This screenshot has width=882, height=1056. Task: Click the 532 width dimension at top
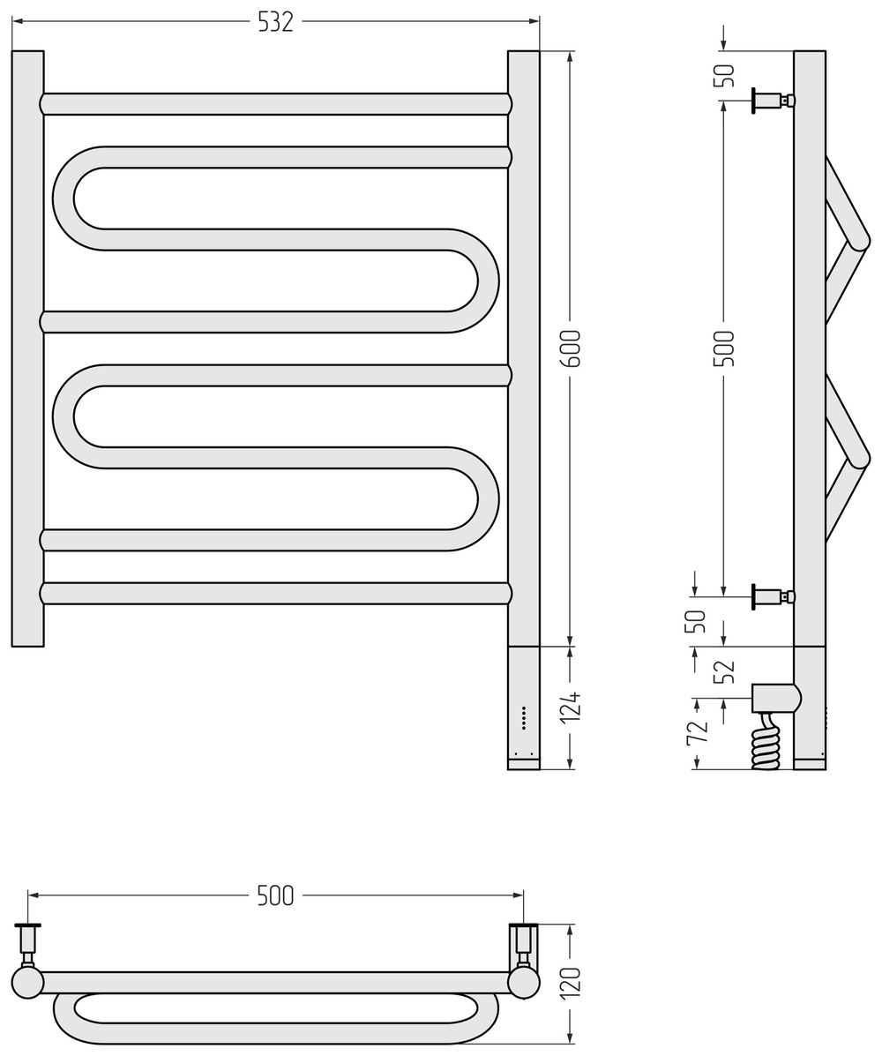275,21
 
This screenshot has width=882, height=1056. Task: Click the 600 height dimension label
571,348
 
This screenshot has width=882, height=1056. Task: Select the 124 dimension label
571,708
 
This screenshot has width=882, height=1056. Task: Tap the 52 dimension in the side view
723,672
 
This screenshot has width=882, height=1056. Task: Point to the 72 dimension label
697,732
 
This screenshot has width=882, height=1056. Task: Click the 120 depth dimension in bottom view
571,983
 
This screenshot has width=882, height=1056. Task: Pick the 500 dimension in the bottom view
275,895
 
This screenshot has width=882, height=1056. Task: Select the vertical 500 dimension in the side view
723,348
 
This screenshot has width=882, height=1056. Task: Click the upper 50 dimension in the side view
723,76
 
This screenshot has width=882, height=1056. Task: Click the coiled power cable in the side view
766,750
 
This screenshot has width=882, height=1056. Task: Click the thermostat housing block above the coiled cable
774,698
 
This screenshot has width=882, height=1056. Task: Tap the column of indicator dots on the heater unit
524,717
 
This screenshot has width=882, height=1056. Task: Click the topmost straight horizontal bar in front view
275,104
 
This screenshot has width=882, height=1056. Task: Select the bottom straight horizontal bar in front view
275,593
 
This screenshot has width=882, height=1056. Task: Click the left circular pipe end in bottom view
27,982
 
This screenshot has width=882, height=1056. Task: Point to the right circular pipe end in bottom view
524,982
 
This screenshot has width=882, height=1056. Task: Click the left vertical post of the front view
27,348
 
